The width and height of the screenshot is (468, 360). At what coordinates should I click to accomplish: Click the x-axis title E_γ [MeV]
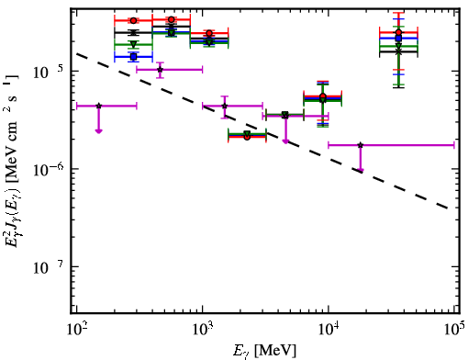[264, 351]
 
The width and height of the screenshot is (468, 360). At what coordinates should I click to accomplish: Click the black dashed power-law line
[263, 131]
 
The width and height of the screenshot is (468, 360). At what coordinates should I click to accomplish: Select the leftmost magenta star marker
[98, 106]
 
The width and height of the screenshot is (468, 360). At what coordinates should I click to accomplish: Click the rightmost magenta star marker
[361, 145]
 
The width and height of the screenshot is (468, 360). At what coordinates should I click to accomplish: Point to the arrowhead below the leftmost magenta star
[98, 131]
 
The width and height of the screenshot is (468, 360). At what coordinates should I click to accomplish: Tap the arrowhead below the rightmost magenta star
[361, 170]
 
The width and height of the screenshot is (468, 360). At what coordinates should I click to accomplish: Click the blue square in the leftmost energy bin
[133, 57]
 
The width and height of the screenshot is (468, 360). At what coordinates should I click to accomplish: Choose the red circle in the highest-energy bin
[398, 32]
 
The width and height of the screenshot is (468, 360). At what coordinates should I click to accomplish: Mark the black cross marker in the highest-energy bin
[398, 51]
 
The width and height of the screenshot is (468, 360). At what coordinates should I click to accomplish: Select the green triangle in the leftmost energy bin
[133, 44]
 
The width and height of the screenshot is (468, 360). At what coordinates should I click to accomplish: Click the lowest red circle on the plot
[247, 137]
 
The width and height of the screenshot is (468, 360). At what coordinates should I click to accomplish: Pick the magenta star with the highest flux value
[160, 70]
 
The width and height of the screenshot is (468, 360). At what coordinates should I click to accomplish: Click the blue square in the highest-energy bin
[398, 39]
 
